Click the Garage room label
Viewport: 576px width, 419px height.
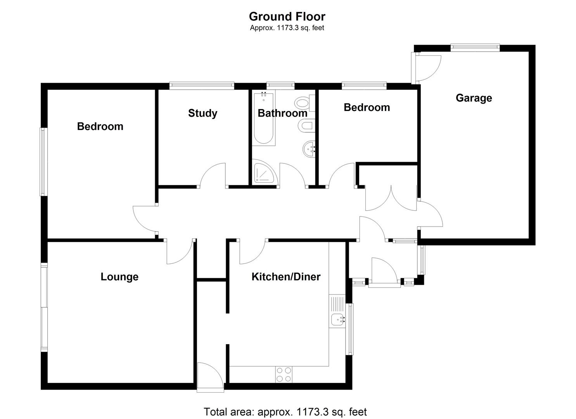474,98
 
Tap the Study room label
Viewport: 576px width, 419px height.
202,113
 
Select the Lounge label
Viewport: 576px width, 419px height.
119,277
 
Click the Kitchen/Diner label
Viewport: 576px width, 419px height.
286,277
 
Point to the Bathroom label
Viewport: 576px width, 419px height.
282,113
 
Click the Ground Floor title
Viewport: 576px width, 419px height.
287,16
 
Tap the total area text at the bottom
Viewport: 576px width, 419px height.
285,412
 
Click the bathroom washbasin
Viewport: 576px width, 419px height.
309,148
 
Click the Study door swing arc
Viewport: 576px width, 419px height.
213,175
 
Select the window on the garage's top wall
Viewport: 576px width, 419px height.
475,47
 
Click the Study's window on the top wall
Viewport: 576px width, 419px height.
202,85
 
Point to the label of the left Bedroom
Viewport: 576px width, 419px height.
100,126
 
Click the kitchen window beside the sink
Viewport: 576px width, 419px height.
350,329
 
